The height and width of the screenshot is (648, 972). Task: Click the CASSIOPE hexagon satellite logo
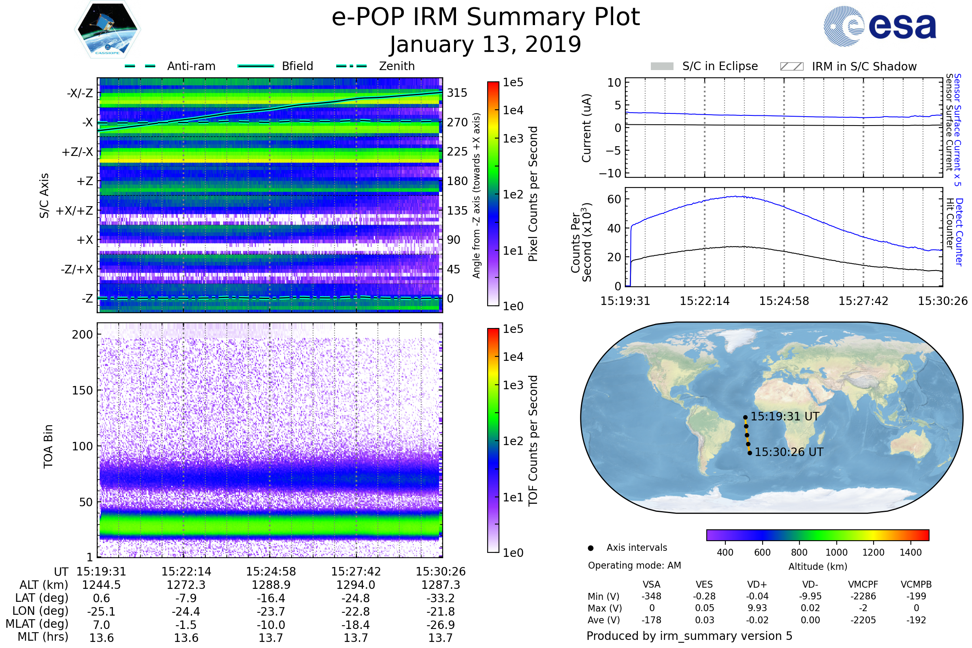point(107,29)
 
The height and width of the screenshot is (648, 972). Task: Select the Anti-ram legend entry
point(191,66)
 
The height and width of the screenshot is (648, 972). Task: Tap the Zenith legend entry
point(396,66)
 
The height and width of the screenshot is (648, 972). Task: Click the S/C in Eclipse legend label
point(720,66)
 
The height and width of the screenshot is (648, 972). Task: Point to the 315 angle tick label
point(457,93)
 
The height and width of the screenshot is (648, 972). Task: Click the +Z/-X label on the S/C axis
point(77,152)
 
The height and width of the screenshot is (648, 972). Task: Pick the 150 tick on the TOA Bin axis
point(82,390)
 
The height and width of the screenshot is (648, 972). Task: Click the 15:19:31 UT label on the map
point(785,417)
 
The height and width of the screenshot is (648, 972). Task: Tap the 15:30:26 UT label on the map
point(789,452)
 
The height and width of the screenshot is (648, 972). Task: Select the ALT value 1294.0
point(356,585)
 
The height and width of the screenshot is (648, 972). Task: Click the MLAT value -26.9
point(441,625)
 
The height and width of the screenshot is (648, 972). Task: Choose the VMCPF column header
point(863,585)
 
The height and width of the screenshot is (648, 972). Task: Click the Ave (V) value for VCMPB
point(916,620)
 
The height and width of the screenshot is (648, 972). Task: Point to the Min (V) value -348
point(651,596)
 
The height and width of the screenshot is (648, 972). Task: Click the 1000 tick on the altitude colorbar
point(836,552)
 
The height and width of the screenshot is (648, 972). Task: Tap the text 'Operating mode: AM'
point(634,565)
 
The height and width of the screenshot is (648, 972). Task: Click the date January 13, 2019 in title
point(486,45)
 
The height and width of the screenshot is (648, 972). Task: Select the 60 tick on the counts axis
point(614,199)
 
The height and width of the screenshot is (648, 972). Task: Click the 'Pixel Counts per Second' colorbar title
point(533,194)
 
